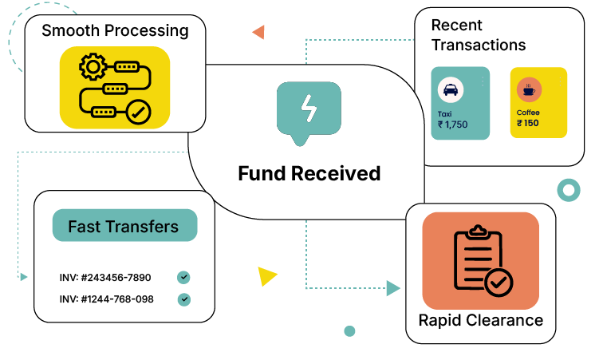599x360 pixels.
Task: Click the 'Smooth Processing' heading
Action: click(115, 31)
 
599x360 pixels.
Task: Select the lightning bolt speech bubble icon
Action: click(307, 110)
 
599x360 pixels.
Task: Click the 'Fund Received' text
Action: click(309, 173)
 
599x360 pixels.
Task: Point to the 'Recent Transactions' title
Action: click(479, 35)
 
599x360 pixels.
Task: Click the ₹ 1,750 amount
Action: click(452, 125)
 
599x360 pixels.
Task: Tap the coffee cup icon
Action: click(527, 89)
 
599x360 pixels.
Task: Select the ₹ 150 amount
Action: click(527, 123)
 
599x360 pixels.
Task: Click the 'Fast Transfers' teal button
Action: click(124, 226)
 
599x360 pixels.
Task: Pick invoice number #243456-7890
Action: click(105, 278)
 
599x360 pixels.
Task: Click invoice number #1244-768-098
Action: click(106, 299)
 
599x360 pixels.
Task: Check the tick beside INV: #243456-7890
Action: click(183, 278)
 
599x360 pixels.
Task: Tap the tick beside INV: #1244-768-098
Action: click(184, 299)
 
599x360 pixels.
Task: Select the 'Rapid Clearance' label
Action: click(481, 320)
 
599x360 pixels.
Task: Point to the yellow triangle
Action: click(266, 276)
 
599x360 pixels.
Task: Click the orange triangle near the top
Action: click(258, 32)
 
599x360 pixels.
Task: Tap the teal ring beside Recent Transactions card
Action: click(569, 190)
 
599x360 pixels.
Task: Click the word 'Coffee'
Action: click(528, 113)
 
